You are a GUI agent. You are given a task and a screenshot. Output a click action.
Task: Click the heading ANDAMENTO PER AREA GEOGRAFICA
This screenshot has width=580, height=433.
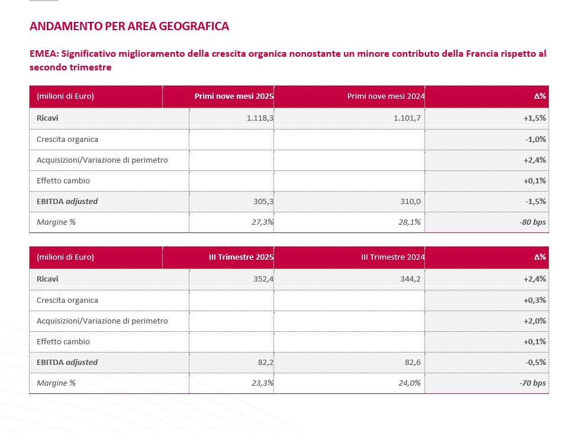coord(129,27)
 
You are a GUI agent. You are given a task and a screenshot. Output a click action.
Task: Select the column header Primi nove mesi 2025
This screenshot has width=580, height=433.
coord(234,96)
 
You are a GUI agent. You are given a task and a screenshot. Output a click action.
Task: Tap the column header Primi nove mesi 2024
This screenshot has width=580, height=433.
coord(386,96)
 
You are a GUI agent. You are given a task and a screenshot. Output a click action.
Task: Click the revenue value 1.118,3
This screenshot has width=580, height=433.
coord(260,118)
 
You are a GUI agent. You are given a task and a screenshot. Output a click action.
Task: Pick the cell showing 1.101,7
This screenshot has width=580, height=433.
coord(407,118)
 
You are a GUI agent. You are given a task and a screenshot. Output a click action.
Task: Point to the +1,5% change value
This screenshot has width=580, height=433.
coord(534,118)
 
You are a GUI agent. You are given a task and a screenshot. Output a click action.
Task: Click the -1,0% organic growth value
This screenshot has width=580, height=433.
coord(535,139)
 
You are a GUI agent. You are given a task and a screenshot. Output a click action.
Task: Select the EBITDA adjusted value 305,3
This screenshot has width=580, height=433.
coord(263,202)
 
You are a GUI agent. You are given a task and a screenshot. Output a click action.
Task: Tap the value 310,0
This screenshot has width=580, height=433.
coord(411,202)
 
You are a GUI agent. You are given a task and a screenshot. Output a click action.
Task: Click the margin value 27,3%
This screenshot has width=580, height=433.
coord(262,222)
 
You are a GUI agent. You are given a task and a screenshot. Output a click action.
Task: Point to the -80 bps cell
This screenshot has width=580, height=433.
coord(532,222)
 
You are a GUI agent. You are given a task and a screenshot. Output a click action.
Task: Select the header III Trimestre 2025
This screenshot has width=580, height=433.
coord(241,257)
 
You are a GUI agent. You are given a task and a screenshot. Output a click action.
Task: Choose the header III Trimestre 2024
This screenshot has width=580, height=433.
coord(393,257)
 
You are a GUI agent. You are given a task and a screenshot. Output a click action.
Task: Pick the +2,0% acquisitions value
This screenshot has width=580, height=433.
coord(534,321)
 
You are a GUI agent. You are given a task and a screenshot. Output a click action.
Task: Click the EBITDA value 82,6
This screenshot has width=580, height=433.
coord(413,362)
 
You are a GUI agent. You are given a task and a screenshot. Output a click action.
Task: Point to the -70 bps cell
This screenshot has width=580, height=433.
coord(532,383)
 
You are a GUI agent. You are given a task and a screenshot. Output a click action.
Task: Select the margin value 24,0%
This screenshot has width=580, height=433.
coord(410,383)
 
